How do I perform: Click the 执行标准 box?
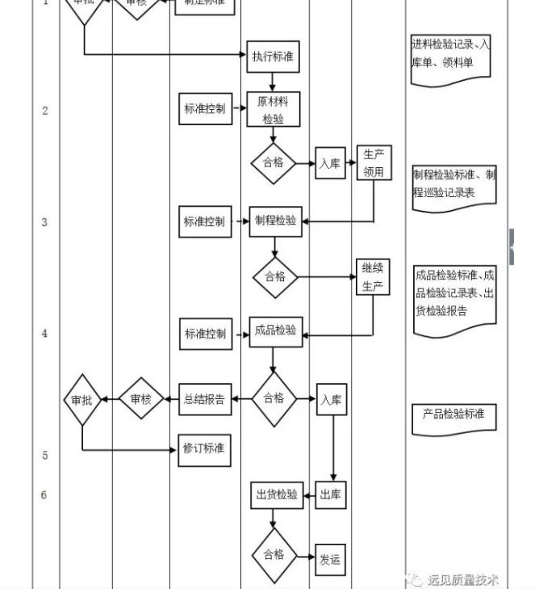click(273, 57)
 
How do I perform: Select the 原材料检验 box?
click(273, 110)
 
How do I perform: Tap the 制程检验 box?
click(274, 221)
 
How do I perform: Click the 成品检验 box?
click(275, 331)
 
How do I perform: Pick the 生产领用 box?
click(373, 162)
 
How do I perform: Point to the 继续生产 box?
click(373, 277)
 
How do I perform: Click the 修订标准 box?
click(205, 448)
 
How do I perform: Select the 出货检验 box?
click(276, 495)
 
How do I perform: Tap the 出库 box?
click(331, 495)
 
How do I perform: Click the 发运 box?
click(330, 558)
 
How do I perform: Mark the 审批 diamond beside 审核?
click(81, 399)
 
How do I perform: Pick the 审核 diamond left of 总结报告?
click(141, 398)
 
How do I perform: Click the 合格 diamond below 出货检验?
click(274, 554)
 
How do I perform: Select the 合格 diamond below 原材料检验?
click(274, 162)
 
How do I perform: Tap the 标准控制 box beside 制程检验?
click(205, 221)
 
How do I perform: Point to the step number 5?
click(45, 455)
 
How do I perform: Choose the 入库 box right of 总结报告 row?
click(331, 400)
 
